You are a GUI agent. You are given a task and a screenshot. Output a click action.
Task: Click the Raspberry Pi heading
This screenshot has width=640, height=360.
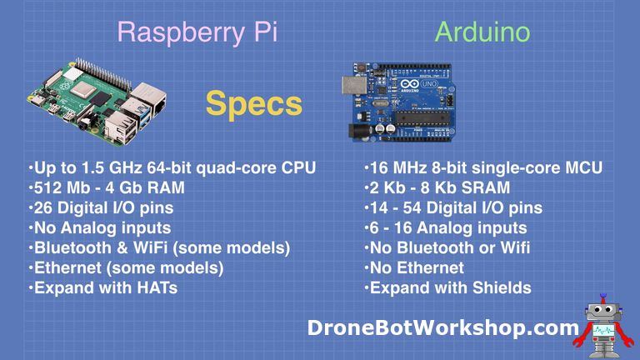tap(197, 32)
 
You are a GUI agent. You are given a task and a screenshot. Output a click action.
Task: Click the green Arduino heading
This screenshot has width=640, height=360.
tap(482, 32)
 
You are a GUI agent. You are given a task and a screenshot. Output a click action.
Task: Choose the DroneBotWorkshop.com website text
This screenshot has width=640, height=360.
tap(442, 327)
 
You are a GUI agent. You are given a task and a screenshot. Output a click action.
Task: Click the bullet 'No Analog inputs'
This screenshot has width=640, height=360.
tap(99, 227)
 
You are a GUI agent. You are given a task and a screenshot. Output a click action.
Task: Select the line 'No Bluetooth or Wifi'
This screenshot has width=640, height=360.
tap(447, 247)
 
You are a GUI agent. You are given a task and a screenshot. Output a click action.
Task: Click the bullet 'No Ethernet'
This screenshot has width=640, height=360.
tap(413, 267)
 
